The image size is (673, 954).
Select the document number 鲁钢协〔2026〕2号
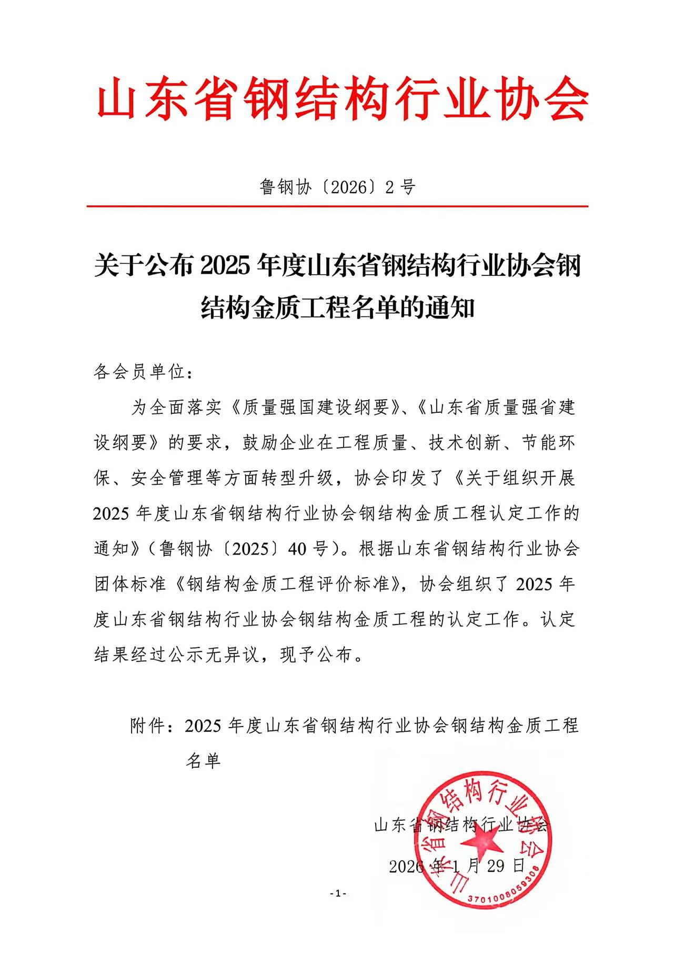point(337,187)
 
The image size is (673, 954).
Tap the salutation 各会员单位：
point(142,373)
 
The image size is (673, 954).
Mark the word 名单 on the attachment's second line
point(203,761)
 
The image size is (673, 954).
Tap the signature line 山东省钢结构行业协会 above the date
point(461,824)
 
